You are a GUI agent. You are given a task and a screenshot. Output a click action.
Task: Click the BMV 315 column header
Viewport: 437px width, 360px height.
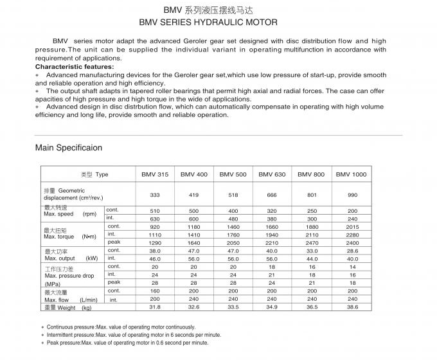pos(155,174)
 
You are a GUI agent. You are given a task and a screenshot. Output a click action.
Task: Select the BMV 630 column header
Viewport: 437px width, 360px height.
pos(272,174)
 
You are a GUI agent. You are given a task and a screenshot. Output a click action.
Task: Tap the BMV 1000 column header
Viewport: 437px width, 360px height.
pos(352,174)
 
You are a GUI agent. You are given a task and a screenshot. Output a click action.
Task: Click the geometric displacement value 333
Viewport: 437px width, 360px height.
pos(155,194)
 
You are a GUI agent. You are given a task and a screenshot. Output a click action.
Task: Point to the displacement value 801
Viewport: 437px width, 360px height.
pos(312,194)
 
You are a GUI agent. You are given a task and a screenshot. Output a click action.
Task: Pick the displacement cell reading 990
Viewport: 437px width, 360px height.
pos(352,194)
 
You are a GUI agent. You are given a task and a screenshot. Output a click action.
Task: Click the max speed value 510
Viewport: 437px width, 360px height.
pos(155,210)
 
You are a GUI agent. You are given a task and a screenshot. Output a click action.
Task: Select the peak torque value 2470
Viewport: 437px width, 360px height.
pos(312,242)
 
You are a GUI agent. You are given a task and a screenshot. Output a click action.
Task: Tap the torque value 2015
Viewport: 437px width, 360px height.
pos(352,226)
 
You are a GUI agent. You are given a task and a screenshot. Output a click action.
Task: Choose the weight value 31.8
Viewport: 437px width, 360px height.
pos(155,307)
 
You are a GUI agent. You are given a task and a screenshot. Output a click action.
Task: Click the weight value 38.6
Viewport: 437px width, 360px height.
pos(352,307)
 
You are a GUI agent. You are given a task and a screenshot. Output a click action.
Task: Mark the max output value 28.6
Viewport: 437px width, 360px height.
pos(352,251)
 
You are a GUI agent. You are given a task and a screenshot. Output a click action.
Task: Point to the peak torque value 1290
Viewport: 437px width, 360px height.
pos(155,242)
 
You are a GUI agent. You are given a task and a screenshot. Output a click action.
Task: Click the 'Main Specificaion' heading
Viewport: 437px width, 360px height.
pos(69,148)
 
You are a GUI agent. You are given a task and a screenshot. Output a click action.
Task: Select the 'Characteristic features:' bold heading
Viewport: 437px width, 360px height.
pos(75,66)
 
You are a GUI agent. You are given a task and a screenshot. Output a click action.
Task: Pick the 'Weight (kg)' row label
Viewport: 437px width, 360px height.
pos(68,308)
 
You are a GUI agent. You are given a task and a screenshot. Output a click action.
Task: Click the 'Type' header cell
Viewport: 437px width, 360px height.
pos(94,174)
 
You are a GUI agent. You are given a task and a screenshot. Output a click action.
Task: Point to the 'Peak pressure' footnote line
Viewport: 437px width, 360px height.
pos(127,343)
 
